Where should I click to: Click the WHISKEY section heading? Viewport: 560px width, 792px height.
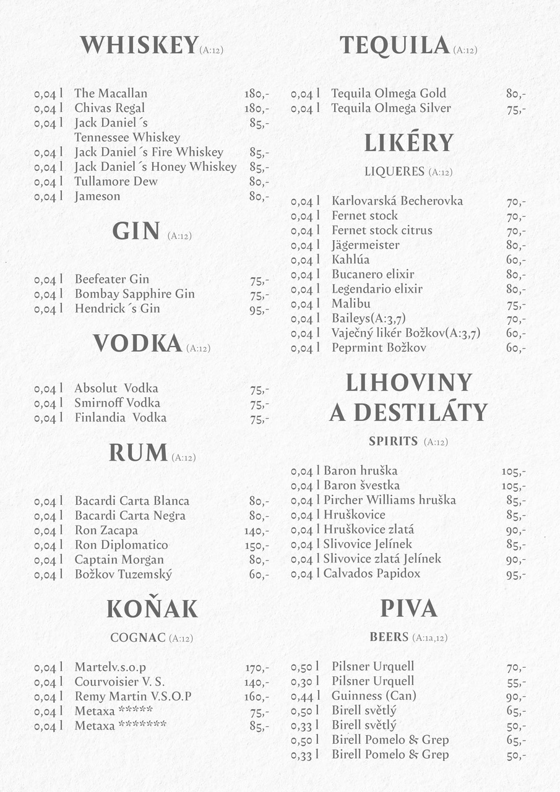click(x=139, y=45)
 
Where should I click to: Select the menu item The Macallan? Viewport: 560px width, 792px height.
click(x=111, y=93)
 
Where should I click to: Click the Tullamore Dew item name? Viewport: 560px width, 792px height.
click(x=116, y=181)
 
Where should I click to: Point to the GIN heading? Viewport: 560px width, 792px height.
click(x=136, y=231)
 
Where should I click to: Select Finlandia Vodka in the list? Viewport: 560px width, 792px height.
click(x=120, y=418)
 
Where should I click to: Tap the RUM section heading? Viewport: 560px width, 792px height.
click(x=138, y=453)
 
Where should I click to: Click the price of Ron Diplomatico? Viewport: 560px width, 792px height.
click(x=257, y=546)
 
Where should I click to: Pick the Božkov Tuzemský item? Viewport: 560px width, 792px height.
click(x=123, y=574)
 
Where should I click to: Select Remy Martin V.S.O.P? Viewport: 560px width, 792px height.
click(x=133, y=696)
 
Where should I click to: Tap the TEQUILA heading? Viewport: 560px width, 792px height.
click(x=394, y=45)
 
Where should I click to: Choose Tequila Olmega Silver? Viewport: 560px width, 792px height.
click(x=391, y=108)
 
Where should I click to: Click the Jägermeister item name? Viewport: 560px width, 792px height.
click(x=365, y=245)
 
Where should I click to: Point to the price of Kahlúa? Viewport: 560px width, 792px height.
click(x=515, y=260)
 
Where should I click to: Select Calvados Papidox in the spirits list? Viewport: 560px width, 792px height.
click(x=371, y=574)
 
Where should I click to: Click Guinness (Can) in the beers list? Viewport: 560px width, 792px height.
click(x=374, y=696)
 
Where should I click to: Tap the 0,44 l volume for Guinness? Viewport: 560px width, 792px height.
click(x=305, y=696)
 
